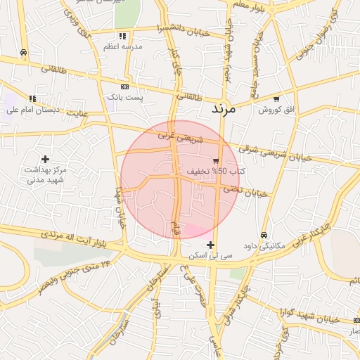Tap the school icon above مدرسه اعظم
[x=123, y=36]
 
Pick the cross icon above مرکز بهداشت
[x=46, y=160]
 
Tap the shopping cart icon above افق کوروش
[x=276, y=99]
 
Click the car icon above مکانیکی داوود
[x=264, y=235]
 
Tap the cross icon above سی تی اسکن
[x=210, y=245]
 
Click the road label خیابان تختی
[x=246, y=191]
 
